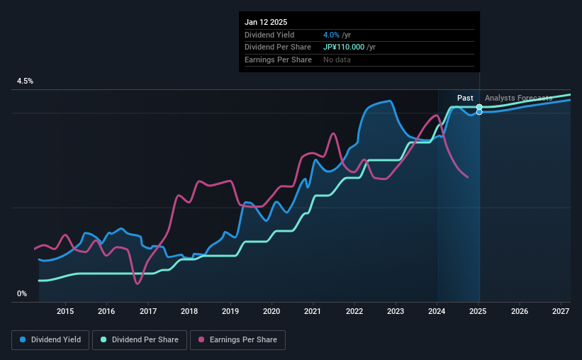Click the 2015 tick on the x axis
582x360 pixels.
click(65, 311)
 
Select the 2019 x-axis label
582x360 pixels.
click(230, 311)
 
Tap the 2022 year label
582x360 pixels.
click(354, 311)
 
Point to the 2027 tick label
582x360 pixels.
click(561, 311)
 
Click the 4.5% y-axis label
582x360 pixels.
click(26, 81)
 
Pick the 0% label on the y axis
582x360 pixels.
click(22, 294)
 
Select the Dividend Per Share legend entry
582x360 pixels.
click(140, 340)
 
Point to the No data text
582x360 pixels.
click(337, 60)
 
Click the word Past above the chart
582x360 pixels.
click(465, 98)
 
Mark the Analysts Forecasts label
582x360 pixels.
click(518, 98)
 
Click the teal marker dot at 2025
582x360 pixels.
click(479, 107)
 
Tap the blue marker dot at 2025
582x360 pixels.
click(479, 112)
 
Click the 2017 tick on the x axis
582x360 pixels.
click(148, 311)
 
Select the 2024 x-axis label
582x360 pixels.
click(437, 311)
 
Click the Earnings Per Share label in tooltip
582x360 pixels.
click(278, 60)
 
